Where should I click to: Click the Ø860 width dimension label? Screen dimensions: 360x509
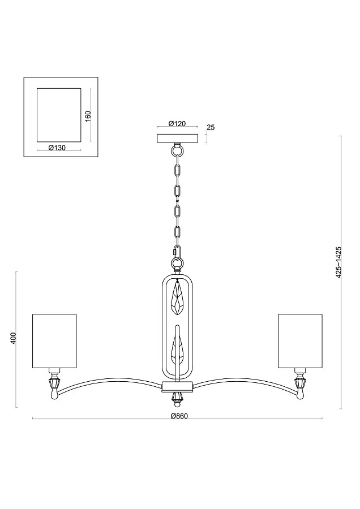tap(179, 416)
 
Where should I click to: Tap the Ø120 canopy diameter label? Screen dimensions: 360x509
tap(177, 123)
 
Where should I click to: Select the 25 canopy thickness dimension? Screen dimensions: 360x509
tap(211, 127)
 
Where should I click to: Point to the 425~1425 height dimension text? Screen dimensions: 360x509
tap(339, 262)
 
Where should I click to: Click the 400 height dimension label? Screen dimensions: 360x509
tap(13, 338)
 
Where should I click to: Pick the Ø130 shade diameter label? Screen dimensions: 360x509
tap(57, 148)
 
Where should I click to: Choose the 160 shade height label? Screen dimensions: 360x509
tap(88, 116)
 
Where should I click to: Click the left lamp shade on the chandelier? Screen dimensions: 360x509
tap(54, 341)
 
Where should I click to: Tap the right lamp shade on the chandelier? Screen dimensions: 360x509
tap(300, 341)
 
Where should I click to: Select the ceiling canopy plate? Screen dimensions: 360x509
tap(177, 139)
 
